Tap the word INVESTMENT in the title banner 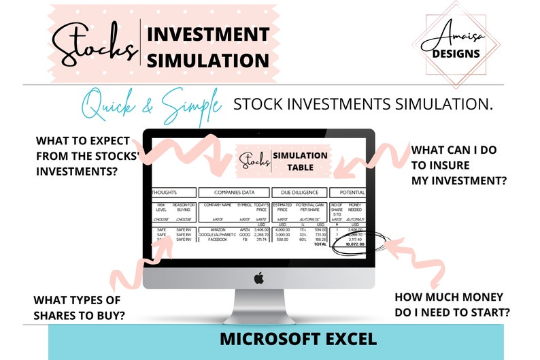click(x=208, y=34)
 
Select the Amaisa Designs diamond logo click(x=456, y=45)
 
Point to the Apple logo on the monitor click(x=258, y=278)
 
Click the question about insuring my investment click(x=458, y=165)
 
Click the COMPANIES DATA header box click(x=233, y=193)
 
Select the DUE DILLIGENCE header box click(x=299, y=193)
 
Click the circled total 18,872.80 click(x=353, y=244)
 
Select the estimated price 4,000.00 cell click(x=282, y=230)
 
